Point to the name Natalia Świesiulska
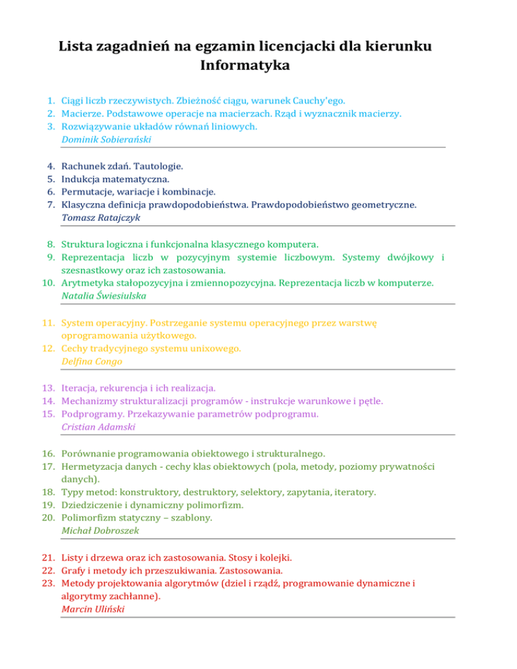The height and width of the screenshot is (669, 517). tap(104, 295)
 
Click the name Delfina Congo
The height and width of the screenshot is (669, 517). tap(92, 361)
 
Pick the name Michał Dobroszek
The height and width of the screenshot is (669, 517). tap(100, 531)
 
